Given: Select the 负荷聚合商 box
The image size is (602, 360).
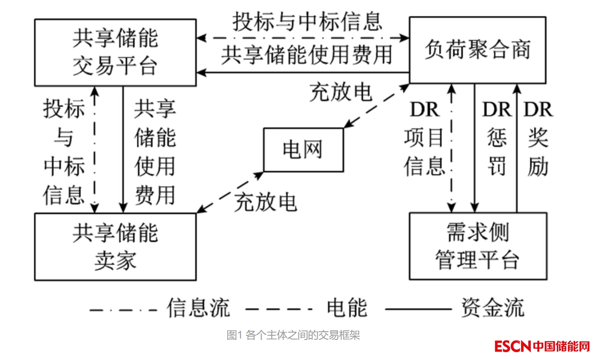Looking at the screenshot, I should coord(477,50).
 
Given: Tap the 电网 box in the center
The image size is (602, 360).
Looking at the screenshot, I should coord(304,150).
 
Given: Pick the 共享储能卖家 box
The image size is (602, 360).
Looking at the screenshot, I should coord(115,246).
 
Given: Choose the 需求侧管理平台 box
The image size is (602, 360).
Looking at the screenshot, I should coord(477,246).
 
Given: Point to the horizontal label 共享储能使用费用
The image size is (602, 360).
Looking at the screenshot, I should coord(307,54).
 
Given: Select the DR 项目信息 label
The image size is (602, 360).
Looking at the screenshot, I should coord(424,139).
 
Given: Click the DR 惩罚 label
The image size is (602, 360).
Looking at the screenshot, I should coord(497,139).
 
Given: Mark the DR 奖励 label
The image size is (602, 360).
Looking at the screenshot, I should coord(538,139).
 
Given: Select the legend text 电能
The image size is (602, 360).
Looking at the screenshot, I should coord(347,308).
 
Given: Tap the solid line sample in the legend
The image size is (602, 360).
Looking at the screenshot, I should coord(418,308).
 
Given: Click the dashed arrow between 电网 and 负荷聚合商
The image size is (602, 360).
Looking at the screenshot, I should coord(377,106).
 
